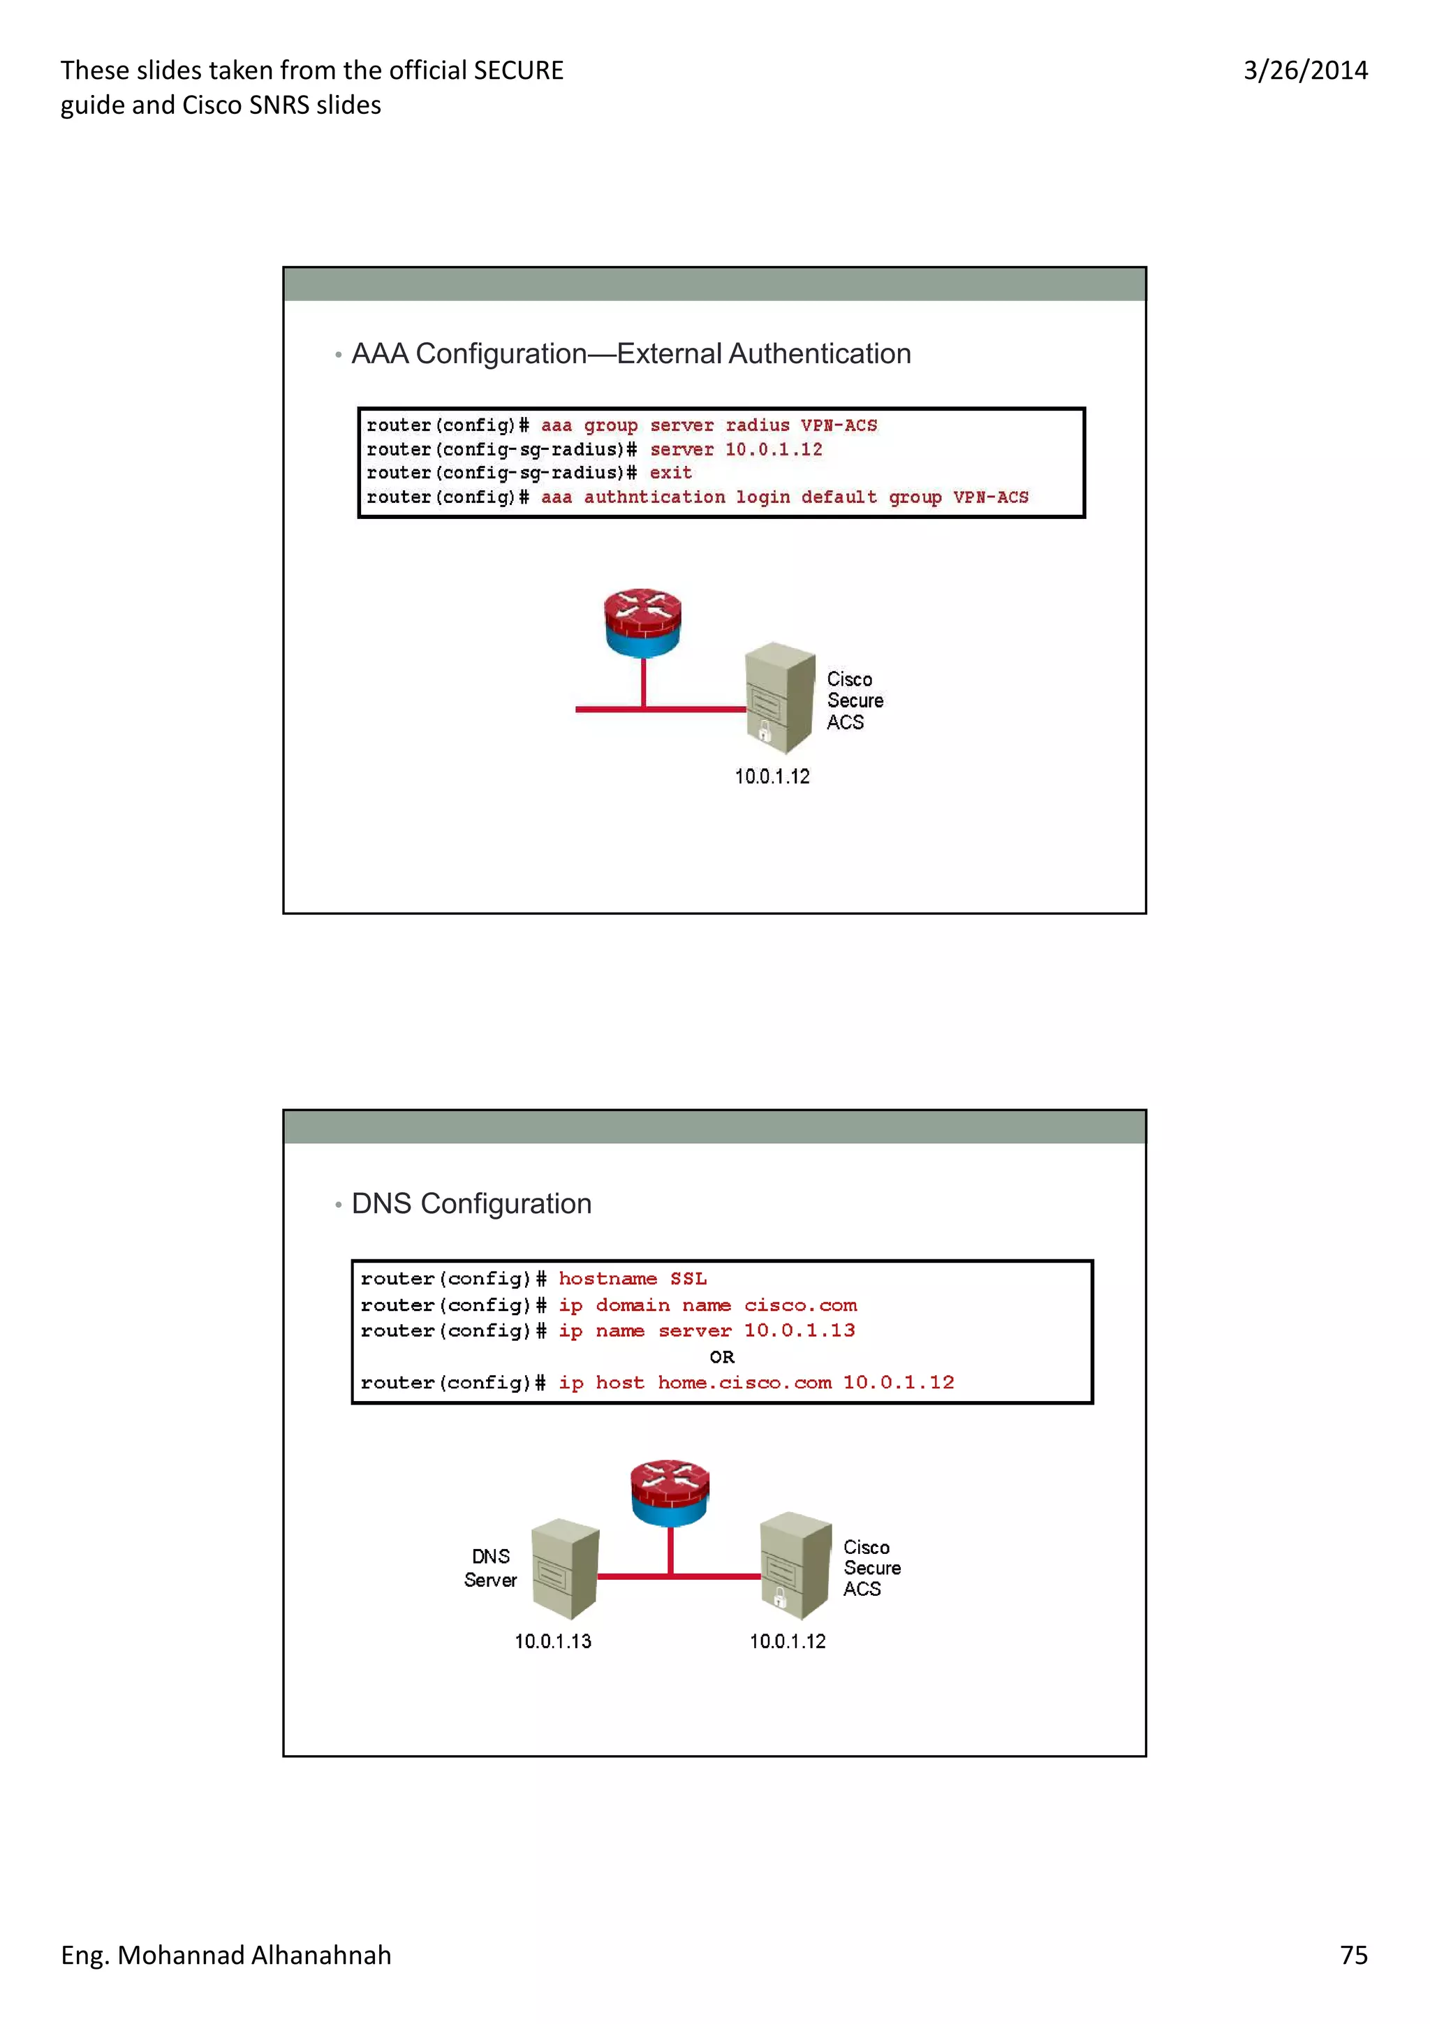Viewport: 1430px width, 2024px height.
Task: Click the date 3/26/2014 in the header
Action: pos(1305,71)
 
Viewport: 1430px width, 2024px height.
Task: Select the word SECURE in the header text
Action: pos(518,71)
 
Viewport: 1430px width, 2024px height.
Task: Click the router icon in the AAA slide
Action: pos(642,622)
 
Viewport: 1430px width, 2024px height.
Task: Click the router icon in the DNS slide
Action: pos(670,1493)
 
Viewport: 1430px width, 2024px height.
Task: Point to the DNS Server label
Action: pos(491,1568)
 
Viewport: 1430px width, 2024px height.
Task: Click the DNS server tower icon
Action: pos(565,1568)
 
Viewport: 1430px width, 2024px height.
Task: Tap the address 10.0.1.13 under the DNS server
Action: pos(552,1641)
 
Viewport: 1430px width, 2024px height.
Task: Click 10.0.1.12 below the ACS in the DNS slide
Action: pos(788,1641)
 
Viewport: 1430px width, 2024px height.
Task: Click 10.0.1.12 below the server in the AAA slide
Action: pos(772,777)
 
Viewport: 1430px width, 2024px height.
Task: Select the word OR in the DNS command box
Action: pos(721,1357)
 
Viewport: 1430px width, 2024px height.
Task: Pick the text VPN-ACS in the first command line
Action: pos(838,426)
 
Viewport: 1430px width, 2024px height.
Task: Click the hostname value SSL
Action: pos(688,1278)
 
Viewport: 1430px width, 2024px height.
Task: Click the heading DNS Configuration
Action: pos(471,1203)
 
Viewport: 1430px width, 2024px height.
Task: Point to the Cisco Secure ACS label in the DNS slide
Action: pos(871,1568)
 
